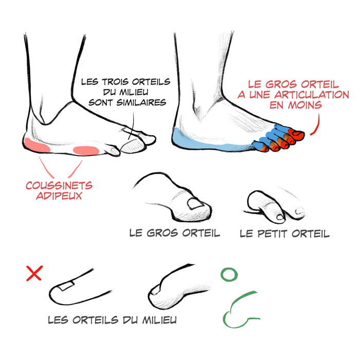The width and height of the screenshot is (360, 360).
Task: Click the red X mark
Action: pos(34,273)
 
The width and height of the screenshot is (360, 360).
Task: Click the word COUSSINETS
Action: pos(59,186)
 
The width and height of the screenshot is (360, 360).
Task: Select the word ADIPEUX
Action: pos(59,195)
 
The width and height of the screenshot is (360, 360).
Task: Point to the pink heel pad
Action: pos(37,146)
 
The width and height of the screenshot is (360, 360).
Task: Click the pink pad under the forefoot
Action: pos(86,151)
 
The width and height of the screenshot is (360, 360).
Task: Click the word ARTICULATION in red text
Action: pos(312,95)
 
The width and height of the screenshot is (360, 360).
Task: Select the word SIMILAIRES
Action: pos(141,102)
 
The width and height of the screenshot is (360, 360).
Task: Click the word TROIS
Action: pos(115,82)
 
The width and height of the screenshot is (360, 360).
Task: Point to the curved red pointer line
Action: pos(317,126)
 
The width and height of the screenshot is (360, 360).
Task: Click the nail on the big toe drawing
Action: pos(195,204)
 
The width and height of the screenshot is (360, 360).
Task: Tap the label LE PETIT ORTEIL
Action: pos(285,233)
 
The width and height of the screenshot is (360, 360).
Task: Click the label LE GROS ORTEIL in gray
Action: pos(175,233)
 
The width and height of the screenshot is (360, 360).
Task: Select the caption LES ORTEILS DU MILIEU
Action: pos(112,320)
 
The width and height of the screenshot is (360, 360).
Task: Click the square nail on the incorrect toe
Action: pos(66,285)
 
